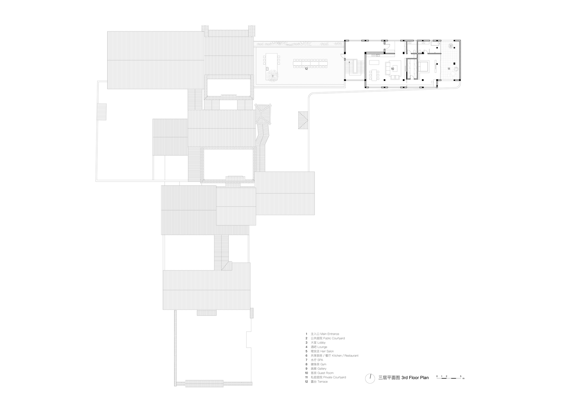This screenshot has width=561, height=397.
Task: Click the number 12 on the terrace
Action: pyautogui.click(x=306, y=69)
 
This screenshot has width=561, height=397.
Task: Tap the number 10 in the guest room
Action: pyautogui.click(x=392, y=69)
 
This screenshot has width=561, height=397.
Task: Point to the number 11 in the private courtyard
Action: pyautogui.click(x=449, y=69)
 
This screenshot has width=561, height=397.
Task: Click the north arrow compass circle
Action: pyautogui.click(x=370, y=379)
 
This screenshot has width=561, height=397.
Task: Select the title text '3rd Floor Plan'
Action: pyautogui.click(x=415, y=378)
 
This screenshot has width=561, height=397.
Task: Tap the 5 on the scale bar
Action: pyautogui.click(x=460, y=376)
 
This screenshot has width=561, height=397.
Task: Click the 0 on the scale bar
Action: pyautogui.click(x=437, y=376)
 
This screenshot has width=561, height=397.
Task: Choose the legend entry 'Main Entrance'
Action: pyautogui.click(x=330, y=334)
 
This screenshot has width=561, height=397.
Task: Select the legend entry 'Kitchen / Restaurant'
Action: pyautogui.click(x=345, y=356)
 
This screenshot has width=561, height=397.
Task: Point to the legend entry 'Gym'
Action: pyautogui.click(x=323, y=364)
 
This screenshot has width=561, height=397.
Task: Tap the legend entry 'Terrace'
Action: pyautogui.click(x=323, y=382)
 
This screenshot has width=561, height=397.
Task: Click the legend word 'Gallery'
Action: pyautogui.click(x=322, y=369)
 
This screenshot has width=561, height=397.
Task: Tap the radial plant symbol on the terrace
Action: pyautogui.click(x=272, y=75)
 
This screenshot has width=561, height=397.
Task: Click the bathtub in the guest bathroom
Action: pyautogui.click(x=435, y=44)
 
